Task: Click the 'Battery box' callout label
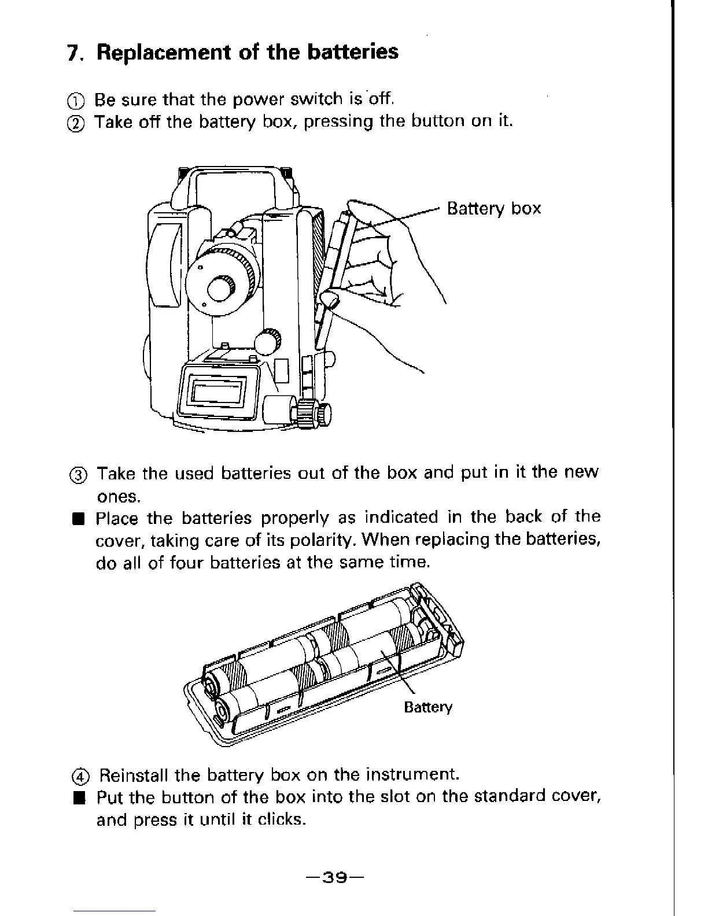point(494,208)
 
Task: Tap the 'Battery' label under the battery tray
point(427,707)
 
